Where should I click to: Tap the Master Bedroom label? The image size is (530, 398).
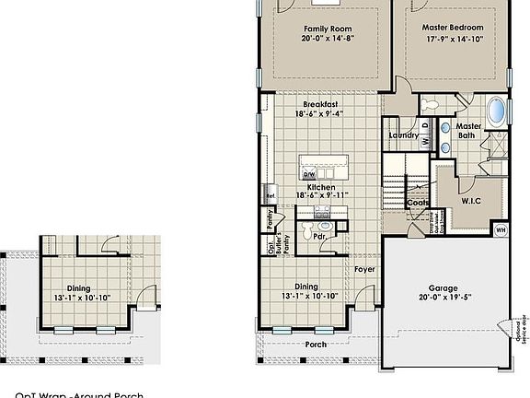[452, 29]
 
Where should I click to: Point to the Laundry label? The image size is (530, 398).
[403, 136]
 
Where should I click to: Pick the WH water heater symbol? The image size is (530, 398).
[501, 229]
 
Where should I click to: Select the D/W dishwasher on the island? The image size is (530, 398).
[310, 174]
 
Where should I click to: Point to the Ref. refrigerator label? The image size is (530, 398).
[271, 196]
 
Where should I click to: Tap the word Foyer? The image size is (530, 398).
[364, 269]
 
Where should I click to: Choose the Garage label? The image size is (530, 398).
[444, 288]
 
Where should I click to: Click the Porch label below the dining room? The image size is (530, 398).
[316, 345]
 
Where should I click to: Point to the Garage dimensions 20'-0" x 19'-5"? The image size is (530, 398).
[444, 298]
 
